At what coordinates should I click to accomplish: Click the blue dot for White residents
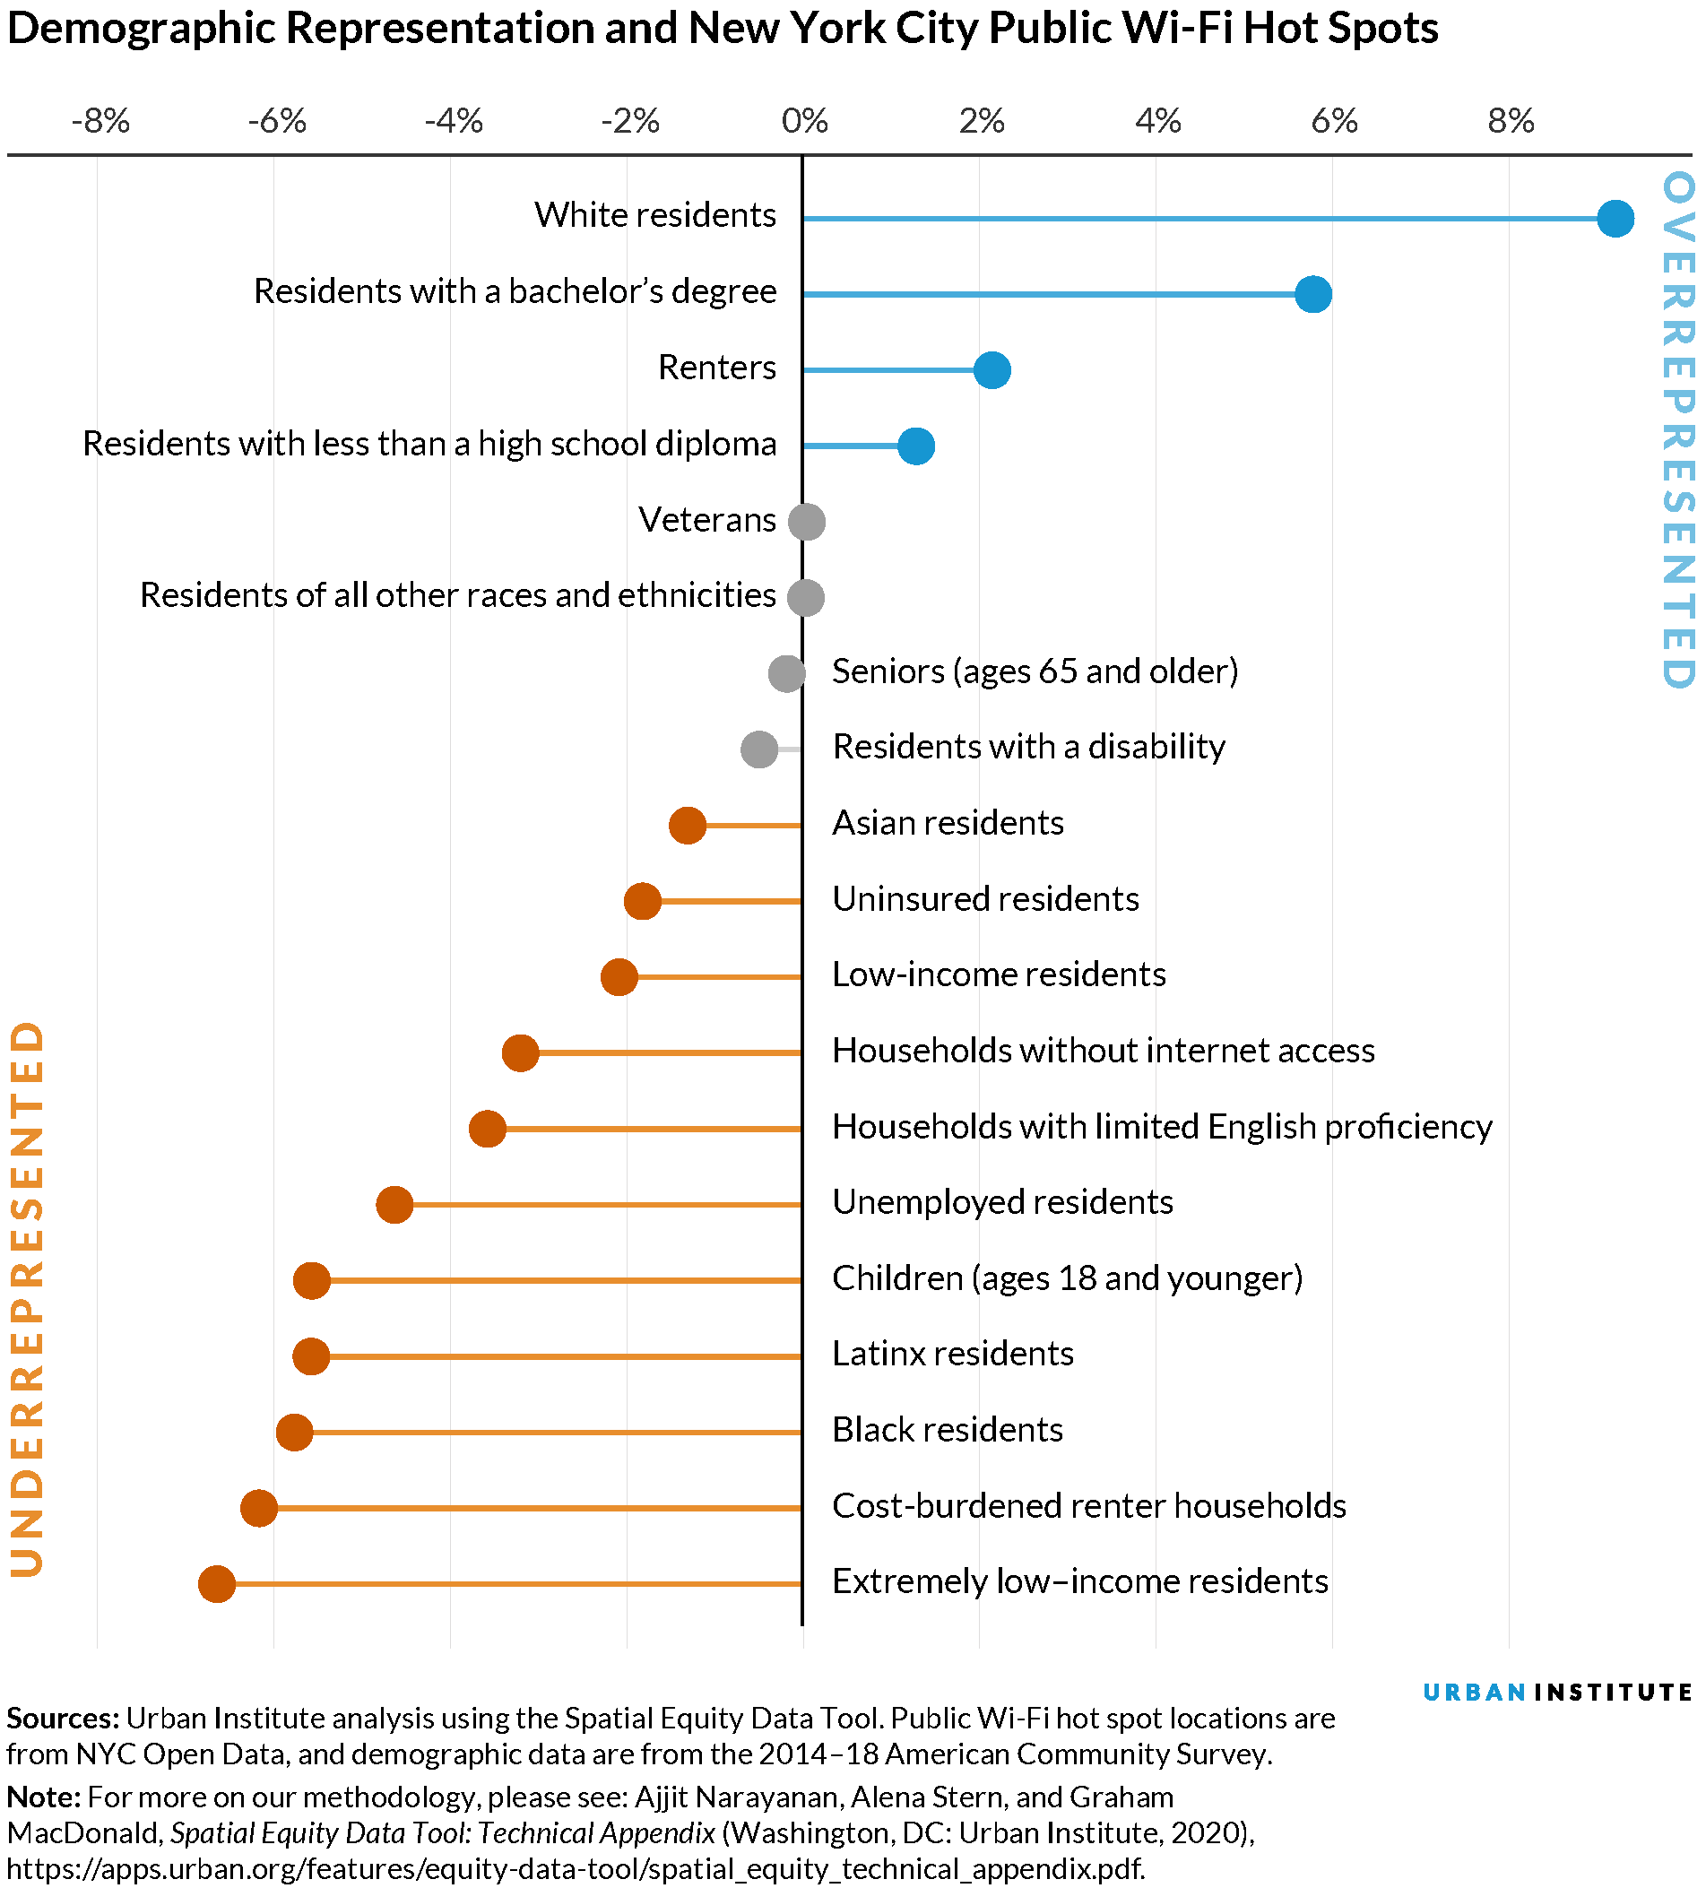[x=1615, y=219]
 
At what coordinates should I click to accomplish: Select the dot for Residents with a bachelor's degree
[x=1312, y=295]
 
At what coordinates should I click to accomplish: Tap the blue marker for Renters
[x=992, y=371]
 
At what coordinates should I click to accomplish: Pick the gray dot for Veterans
[x=806, y=522]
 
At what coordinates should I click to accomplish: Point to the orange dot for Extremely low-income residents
[x=217, y=1583]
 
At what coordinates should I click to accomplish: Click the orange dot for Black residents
[x=295, y=1433]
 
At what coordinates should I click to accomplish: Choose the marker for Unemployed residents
[x=394, y=1204]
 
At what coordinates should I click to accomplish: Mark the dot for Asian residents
[x=688, y=825]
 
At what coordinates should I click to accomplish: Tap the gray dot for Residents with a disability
[x=758, y=749]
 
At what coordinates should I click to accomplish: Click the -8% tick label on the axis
[x=100, y=122]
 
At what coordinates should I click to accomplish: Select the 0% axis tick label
[x=805, y=122]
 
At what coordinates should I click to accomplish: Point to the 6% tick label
[x=1334, y=122]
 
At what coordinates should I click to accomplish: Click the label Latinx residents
[x=952, y=1355]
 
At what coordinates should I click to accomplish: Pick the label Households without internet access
[x=1103, y=1051]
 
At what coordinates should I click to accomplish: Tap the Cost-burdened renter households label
[x=1089, y=1506]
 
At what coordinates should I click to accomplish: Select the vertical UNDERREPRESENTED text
[x=28, y=1298]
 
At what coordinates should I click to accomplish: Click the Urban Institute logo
[x=1557, y=1693]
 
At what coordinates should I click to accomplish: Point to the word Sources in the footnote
[x=62, y=1719]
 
